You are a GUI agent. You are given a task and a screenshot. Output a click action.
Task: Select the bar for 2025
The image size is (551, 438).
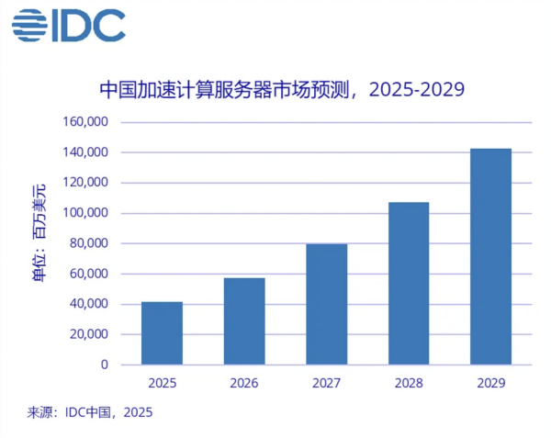[x=162, y=333]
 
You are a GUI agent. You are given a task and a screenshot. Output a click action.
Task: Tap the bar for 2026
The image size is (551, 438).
[x=244, y=321]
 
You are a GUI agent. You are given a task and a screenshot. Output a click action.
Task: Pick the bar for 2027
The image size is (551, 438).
[x=326, y=304]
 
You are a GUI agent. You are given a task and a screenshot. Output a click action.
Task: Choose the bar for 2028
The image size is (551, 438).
[x=409, y=283]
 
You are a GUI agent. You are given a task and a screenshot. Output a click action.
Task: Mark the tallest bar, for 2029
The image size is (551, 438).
[x=490, y=256]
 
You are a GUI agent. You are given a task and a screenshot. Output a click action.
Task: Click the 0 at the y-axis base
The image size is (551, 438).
[x=105, y=365]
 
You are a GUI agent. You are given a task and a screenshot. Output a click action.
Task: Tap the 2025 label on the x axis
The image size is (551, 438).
[x=162, y=382]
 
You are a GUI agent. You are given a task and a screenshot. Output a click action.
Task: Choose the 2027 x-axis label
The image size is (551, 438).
[x=326, y=382]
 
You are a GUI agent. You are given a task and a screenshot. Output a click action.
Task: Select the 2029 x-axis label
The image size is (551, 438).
[x=490, y=382]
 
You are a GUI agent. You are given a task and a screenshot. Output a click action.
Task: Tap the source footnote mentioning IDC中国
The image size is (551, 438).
[x=89, y=412]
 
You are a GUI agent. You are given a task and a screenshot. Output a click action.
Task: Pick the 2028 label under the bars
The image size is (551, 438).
[x=409, y=382]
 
